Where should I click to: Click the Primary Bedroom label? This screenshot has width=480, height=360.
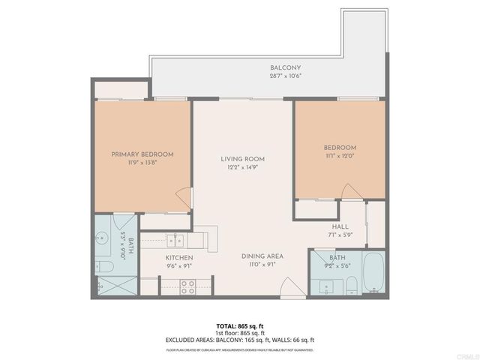tap(142, 154)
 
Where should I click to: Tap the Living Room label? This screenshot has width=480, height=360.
tap(242, 159)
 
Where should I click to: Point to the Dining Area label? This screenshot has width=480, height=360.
tap(261, 256)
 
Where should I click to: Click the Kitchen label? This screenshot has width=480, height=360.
tap(179, 257)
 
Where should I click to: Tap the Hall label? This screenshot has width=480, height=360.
tap(340, 226)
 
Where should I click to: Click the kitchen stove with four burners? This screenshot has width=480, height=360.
tap(187, 285)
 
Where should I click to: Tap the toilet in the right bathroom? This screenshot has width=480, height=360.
tap(350, 284)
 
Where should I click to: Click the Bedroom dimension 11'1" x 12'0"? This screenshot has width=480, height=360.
tap(340, 155)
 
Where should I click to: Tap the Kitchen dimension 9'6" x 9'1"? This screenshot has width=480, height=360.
tap(179, 265)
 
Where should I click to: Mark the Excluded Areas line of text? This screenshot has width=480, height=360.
tap(240, 340)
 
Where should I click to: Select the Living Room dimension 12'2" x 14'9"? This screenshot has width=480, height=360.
tap(242, 167)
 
